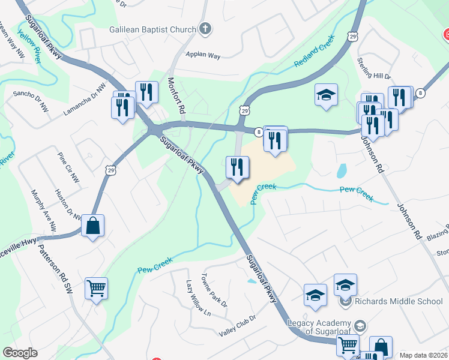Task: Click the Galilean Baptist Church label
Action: tap(152, 29)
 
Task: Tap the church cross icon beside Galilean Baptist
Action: tap(205, 29)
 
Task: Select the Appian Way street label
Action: tap(203, 55)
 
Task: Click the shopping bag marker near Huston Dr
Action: tap(92, 226)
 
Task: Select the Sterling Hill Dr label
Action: tap(374, 68)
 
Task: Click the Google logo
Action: tap(20, 353)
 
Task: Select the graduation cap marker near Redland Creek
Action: tap(326, 95)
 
